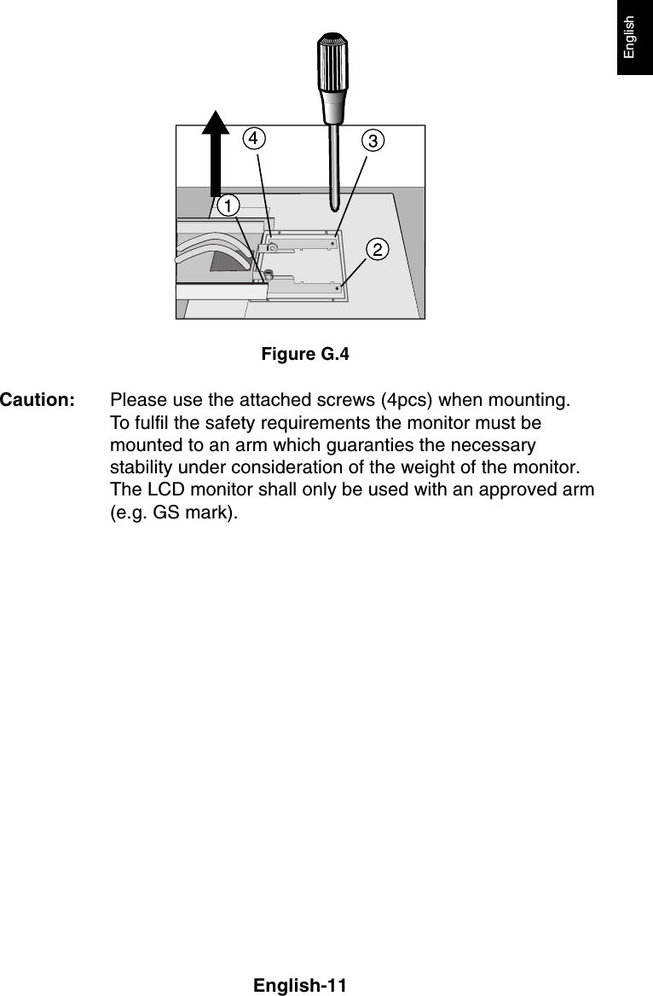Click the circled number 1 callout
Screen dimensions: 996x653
pyautogui.click(x=228, y=206)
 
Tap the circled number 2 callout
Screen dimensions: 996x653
pyautogui.click(x=377, y=248)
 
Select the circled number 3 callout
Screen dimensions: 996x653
pyautogui.click(x=372, y=141)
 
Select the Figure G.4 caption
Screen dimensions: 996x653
pyautogui.click(x=305, y=353)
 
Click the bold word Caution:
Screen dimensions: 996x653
pyautogui.click(x=38, y=401)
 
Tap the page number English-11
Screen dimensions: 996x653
pyautogui.click(x=300, y=986)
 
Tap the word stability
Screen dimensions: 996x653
pyautogui.click(x=140, y=470)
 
